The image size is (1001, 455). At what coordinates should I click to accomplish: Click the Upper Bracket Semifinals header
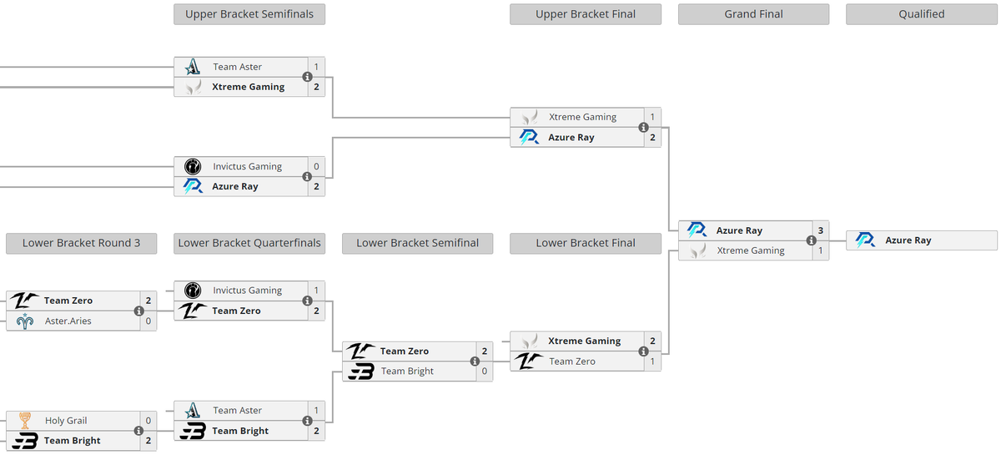249,14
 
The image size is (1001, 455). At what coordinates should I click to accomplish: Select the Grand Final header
753,14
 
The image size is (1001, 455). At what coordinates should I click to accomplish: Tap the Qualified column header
921,14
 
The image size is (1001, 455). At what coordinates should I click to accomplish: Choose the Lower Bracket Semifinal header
417,243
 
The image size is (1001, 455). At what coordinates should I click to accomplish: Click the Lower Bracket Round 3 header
81,243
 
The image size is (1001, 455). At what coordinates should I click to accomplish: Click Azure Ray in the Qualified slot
908,240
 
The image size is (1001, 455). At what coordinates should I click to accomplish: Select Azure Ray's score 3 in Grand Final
820,230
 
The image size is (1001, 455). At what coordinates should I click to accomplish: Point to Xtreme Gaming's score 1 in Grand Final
820,250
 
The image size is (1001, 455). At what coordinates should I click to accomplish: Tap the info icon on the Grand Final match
811,240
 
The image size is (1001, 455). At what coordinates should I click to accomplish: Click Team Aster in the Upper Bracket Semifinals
237,67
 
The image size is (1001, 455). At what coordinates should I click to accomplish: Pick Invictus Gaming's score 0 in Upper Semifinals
316,167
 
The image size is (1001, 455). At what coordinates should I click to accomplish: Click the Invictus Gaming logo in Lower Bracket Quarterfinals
193,291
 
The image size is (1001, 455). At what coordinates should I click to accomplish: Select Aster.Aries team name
68,321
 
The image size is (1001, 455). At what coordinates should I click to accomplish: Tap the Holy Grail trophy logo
25,421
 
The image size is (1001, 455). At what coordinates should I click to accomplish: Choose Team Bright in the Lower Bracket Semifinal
407,372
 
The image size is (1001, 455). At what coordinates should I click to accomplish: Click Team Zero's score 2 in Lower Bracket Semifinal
484,351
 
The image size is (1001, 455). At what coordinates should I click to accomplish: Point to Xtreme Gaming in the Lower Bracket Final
584,341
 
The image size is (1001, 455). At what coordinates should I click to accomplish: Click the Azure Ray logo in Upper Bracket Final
529,138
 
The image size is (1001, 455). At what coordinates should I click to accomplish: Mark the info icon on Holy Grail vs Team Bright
139,431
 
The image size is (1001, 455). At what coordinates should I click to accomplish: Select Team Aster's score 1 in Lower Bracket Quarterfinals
316,411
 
